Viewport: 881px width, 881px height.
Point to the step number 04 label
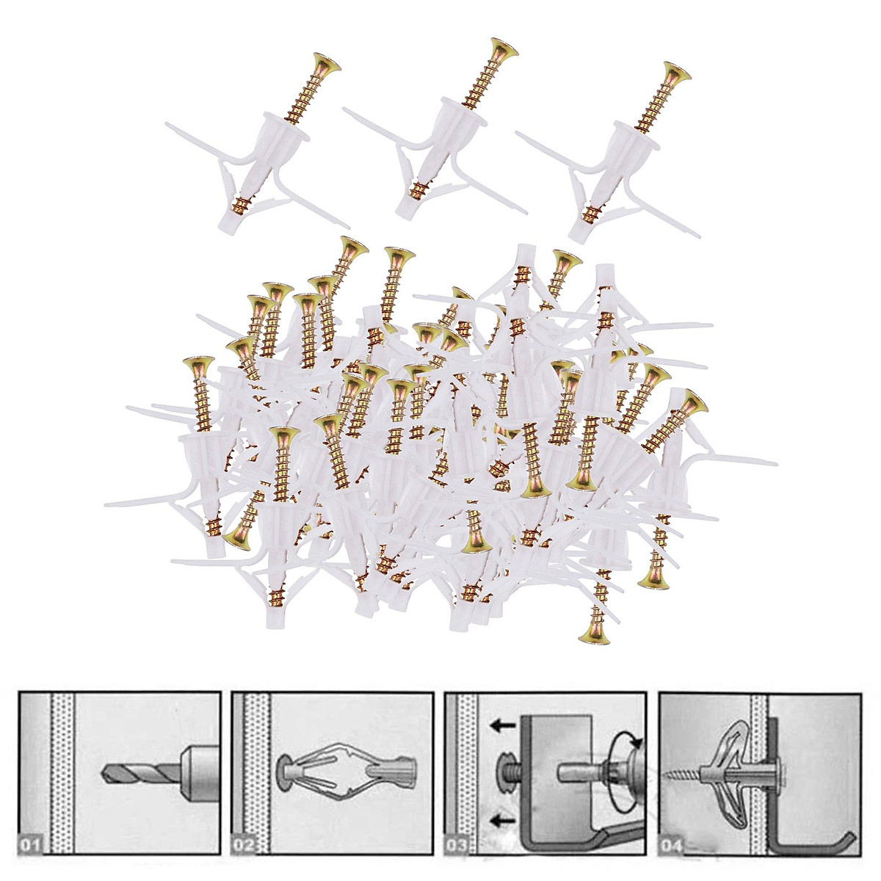click(672, 846)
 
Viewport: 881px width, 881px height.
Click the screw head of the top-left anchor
click(326, 65)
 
